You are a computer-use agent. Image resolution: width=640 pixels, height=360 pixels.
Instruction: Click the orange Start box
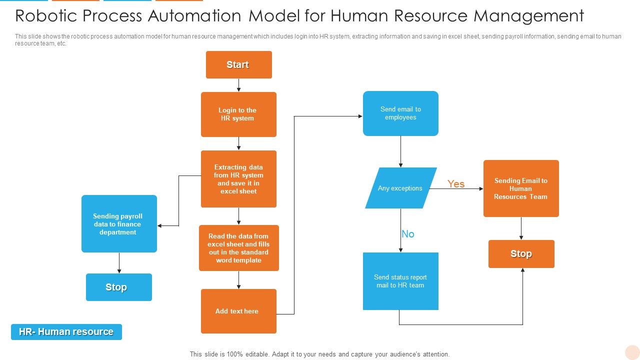(238, 64)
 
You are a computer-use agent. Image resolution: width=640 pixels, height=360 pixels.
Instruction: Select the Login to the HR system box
(238, 114)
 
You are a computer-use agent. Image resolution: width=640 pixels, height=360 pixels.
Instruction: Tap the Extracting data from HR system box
(238, 179)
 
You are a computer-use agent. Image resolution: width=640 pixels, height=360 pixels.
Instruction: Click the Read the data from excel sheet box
(238, 248)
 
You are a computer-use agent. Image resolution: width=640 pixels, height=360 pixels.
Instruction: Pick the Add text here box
(238, 311)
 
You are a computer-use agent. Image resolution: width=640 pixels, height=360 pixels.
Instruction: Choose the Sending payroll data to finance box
(119, 224)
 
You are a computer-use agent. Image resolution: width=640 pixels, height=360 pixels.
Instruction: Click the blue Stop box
(118, 287)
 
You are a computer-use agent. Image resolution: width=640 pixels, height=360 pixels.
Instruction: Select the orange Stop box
(521, 254)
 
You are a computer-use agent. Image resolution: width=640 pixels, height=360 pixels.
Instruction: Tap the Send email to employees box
(400, 113)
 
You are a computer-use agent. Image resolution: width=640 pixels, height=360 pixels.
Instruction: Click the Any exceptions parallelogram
(400, 188)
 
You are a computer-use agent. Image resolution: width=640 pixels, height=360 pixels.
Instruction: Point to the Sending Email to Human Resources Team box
(521, 188)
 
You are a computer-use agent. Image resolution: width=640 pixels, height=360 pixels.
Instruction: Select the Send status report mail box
(400, 281)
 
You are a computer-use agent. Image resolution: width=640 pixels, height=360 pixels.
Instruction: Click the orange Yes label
(456, 184)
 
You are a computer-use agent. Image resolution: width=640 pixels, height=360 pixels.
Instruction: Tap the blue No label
(408, 234)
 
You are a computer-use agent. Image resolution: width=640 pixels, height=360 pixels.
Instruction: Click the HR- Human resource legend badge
(66, 332)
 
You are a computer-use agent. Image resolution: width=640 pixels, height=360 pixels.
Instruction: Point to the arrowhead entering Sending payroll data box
(160, 226)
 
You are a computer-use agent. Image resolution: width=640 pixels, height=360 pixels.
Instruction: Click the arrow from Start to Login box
(238, 85)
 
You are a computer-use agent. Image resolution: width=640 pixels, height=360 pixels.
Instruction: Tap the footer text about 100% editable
(319, 354)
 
